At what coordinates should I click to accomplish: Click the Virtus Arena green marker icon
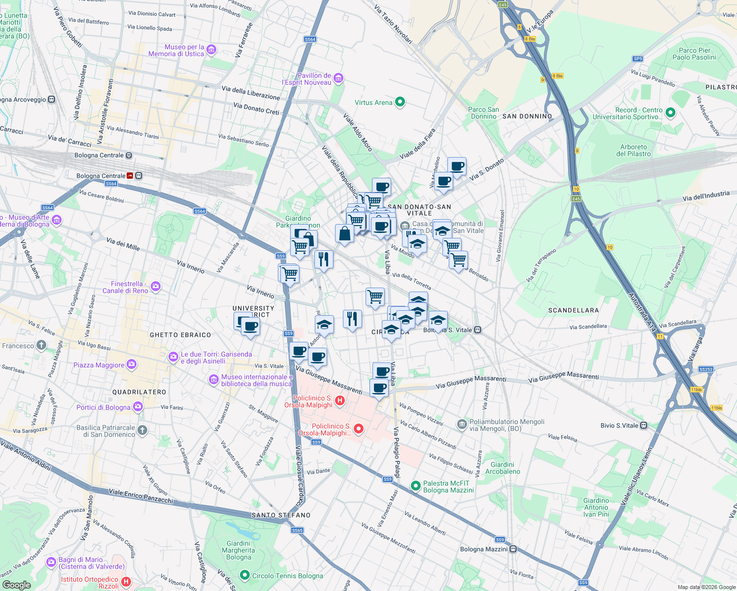click(400, 102)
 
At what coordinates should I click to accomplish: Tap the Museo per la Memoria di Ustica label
click(176, 50)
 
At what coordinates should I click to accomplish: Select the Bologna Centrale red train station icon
click(130, 176)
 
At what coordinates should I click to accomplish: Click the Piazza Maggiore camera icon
click(131, 364)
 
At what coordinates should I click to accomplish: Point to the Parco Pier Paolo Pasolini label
click(694, 54)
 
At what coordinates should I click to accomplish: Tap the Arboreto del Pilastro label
click(633, 150)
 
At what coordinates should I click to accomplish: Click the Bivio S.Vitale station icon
click(643, 426)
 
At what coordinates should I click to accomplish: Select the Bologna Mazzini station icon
click(513, 549)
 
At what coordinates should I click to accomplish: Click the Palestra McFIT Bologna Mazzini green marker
click(415, 487)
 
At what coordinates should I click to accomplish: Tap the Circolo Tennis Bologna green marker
click(244, 575)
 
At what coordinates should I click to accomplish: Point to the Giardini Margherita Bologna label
click(238, 550)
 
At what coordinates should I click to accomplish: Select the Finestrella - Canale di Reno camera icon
click(156, 286)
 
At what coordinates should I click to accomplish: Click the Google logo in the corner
click(16, 585)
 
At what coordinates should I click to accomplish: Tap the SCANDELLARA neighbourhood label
click(573, 310)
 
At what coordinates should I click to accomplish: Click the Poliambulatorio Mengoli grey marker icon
click(462, 425)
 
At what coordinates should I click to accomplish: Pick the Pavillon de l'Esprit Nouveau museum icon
click(338, 78)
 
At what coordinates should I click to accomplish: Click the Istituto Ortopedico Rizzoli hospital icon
click(126, 582)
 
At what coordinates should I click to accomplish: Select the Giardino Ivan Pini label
click(596, 507)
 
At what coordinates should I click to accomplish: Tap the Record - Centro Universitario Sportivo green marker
click(670, 113)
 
